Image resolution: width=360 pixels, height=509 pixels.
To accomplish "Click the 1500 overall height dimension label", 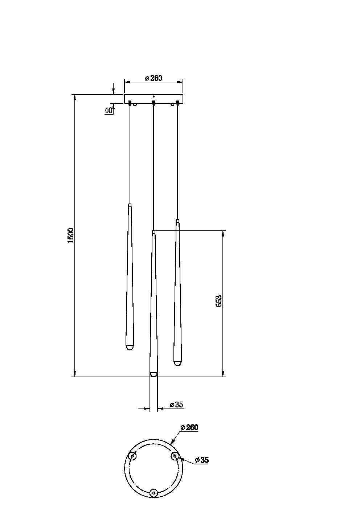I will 71,235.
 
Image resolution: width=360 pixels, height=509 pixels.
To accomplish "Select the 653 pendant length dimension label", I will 218,301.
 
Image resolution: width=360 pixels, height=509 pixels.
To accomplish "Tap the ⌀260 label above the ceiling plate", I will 154,78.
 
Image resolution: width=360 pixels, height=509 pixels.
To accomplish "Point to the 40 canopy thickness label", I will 109,111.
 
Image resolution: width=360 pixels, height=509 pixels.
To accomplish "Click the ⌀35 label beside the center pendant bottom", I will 176,405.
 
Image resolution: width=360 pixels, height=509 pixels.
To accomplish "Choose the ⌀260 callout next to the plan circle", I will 189,427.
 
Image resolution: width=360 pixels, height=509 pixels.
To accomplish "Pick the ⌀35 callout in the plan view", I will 202,460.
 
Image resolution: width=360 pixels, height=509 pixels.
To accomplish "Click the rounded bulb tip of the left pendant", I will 129,348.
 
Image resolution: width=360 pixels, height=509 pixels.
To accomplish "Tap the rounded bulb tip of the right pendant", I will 177,363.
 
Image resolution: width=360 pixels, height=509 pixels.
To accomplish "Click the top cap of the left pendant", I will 130,205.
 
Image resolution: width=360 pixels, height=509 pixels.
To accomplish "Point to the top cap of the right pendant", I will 177,221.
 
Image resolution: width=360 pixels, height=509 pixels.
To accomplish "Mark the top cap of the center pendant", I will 154,232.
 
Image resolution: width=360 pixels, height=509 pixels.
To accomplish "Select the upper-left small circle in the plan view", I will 132,456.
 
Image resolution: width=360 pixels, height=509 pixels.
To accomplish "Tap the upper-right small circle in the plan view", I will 175,456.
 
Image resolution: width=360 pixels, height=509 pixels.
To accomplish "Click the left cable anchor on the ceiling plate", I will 130,103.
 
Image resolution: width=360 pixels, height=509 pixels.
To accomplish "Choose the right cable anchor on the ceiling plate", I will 177,103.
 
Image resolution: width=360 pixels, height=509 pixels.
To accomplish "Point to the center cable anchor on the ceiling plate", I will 154,103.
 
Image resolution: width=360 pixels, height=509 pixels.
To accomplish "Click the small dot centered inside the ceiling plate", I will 154,97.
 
